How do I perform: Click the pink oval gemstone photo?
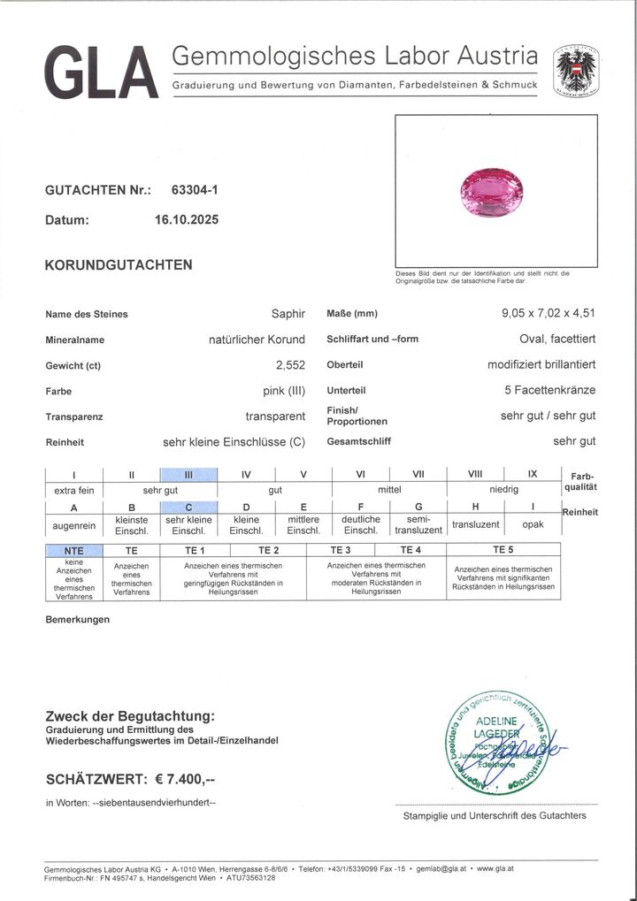click(x=492, y=189)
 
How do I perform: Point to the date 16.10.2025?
click(x=186, y=220)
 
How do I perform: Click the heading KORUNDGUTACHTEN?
click(x=119, y=264)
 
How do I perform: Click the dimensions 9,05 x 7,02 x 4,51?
click(x=548, y=313)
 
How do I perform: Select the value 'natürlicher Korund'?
click(x=257, y=340)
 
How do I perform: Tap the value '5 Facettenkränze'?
click(x=549, y=390)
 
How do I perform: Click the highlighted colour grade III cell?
click(x=188, y=474)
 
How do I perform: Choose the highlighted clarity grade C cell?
click(x=188, y=507)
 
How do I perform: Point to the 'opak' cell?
click(x=533, y=524)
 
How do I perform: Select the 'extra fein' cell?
click(x=74, y=489)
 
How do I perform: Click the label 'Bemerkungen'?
click(x=78, y=620)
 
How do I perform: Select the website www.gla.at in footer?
click(x=495, y=869)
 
